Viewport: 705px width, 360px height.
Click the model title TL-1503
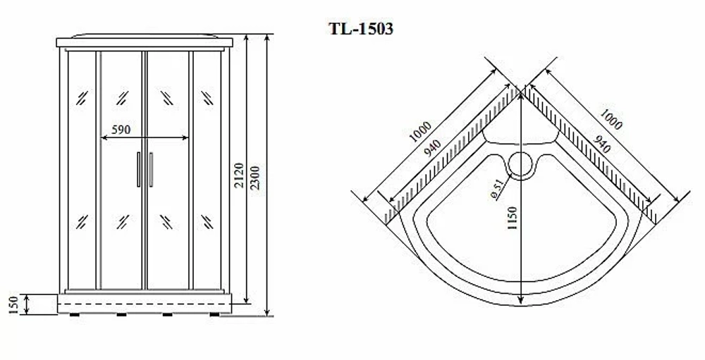click(361, 29)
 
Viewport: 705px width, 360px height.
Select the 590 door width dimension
click(121, 130)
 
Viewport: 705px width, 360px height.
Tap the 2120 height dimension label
click(238, 175)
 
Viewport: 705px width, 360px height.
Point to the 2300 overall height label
click(255, 178)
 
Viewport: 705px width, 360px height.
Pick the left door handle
click(138, 169)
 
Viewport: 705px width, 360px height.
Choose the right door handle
click(151, 169)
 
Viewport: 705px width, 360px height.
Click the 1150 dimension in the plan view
click(512, 218)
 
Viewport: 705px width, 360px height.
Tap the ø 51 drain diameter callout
click(497, 190)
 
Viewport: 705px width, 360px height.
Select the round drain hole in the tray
click(521, 163)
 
